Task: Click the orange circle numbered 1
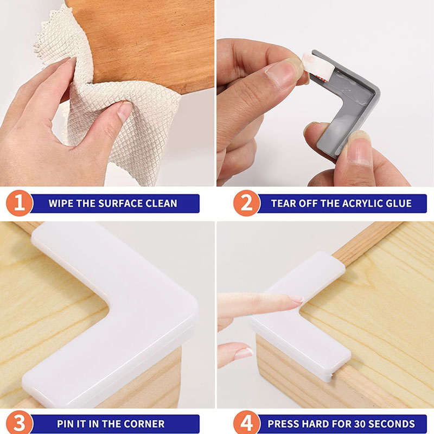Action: point(20,203)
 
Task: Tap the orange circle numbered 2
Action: point(247,203)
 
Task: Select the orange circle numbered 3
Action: point(20,424)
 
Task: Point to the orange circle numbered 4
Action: point(247,424)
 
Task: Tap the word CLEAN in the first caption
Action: point(161,203)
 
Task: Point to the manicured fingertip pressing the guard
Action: point(296,299)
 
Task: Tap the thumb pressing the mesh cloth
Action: point(123,111)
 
